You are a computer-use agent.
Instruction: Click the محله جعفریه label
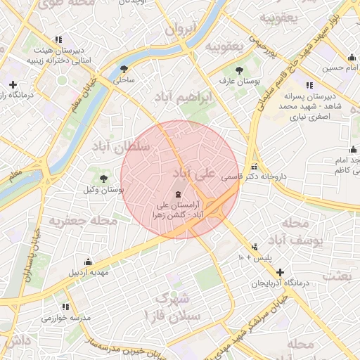82,221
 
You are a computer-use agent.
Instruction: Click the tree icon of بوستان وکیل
104,179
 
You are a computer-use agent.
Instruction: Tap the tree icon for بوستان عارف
240,70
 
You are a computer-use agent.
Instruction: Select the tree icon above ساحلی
124,68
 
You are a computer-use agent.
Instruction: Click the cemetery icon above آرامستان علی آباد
177,193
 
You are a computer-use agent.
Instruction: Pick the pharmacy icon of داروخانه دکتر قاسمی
255,165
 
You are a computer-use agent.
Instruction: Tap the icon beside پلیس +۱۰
254,247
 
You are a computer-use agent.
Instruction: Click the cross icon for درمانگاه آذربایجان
281,272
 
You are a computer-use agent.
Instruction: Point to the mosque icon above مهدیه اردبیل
87,261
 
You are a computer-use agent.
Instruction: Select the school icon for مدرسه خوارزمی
65,307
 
